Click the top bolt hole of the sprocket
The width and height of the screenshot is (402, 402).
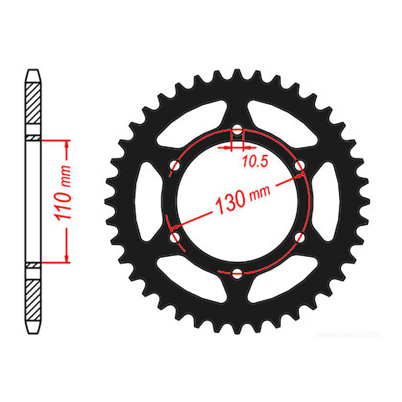[238, 131]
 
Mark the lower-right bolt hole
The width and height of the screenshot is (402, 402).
[300, 237]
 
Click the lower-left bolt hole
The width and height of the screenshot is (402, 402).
[175, 238]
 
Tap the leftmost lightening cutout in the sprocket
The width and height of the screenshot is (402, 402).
[147, 201]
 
